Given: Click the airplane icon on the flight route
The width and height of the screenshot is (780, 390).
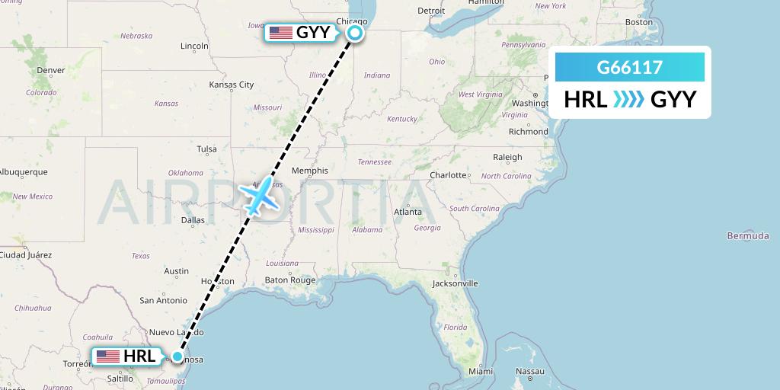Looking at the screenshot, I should pyautogui.click(x=260, y=197).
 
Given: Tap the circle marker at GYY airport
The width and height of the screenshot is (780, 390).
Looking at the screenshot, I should pyautogui.click(x=355, y=33).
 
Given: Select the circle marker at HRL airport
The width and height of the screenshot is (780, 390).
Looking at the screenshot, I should pyautogui.click(x=177, y=356).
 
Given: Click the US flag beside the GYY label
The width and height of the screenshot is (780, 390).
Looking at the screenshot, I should pyautogui.click(x=281, y=33).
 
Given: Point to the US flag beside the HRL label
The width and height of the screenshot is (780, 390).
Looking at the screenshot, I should pyautogui.click(x=107, y=356).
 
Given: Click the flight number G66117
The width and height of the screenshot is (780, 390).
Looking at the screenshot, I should pyautogui.click(x=629, y=68).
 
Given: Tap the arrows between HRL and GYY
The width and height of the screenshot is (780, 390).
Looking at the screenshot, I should pyautogui.click(x=629, y=99).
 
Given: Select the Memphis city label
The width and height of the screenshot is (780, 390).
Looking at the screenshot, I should pyautogui.click(x=310, y=171).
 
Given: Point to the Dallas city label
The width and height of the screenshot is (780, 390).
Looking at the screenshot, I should pyautogui.click(x=193, y=220).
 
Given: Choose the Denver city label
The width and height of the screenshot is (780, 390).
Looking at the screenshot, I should pyautogui.click(x=51, y=70).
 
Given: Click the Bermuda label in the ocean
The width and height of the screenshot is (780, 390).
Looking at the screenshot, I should pyautogui.click(x=748, y=236).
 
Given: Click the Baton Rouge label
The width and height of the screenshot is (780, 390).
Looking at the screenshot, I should pyautogui.click(x=289, y=280).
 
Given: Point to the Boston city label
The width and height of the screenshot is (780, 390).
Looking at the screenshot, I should pyautogui.click(x=638, y=22).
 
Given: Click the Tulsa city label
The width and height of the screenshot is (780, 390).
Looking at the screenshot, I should pyautogui.click(x=206, y=149).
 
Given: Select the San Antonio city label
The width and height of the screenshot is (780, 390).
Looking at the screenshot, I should pyautogui.click(x=163, y=300).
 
